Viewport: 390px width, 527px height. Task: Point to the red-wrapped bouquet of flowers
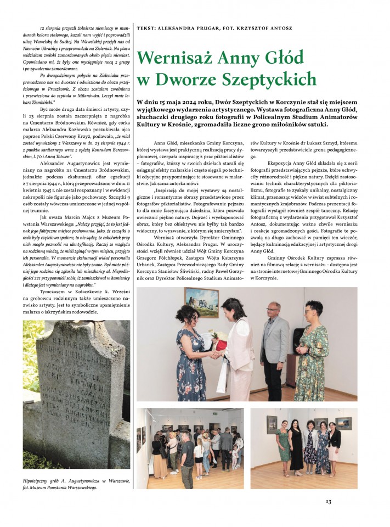tap(218, 343)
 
